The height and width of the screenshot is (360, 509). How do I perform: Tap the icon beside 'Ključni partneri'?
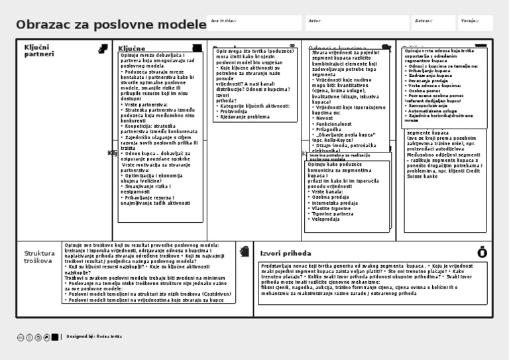(103, 48)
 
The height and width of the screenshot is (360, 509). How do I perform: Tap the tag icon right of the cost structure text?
(245, 251)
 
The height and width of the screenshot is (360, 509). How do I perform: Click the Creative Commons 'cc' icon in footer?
(21, 337)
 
